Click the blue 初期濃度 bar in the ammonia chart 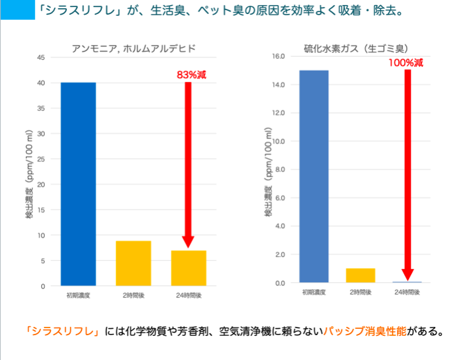click(78, 184)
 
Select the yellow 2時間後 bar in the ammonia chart click(133, 263)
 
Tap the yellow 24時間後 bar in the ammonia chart click(188, 268)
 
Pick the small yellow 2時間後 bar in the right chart click(360, 275)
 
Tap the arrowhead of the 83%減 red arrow click(188, 241)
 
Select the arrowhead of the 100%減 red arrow click(408, 273)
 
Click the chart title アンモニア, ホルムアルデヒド click(133, 48)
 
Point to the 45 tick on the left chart click(41, 58)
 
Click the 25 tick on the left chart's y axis click(41, 159)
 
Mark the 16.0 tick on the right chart click(277, 56)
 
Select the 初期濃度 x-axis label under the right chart click(314, 292)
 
